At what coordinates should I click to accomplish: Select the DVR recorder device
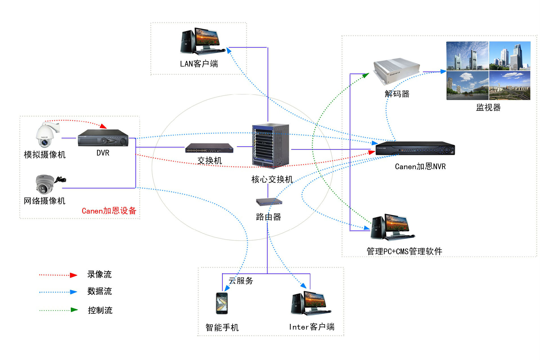tap(103, 138)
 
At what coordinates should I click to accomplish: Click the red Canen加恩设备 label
tap(109, 211)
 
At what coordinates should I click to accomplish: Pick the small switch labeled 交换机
tap(209, 148)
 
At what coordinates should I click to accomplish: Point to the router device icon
tap(269, 202)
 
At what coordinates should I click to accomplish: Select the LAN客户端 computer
tap(202, 41)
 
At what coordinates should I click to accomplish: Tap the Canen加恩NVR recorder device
tap(415, 148)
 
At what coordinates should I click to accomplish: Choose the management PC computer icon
tap(392, 227)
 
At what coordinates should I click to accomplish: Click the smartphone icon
tap(222, 303)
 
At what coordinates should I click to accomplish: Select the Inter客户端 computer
tap(311, 303)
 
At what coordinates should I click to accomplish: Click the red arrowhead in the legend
tap(74, 275)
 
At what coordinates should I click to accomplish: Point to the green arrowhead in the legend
tap(74, 310)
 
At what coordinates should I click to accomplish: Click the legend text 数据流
tap(99, 291)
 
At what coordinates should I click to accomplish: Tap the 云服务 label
tap(241, 281)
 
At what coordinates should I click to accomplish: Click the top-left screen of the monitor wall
tap(467, 56)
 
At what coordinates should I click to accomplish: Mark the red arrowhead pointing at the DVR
tap(103, 126)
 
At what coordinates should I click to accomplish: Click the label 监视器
tap(488, 107)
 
